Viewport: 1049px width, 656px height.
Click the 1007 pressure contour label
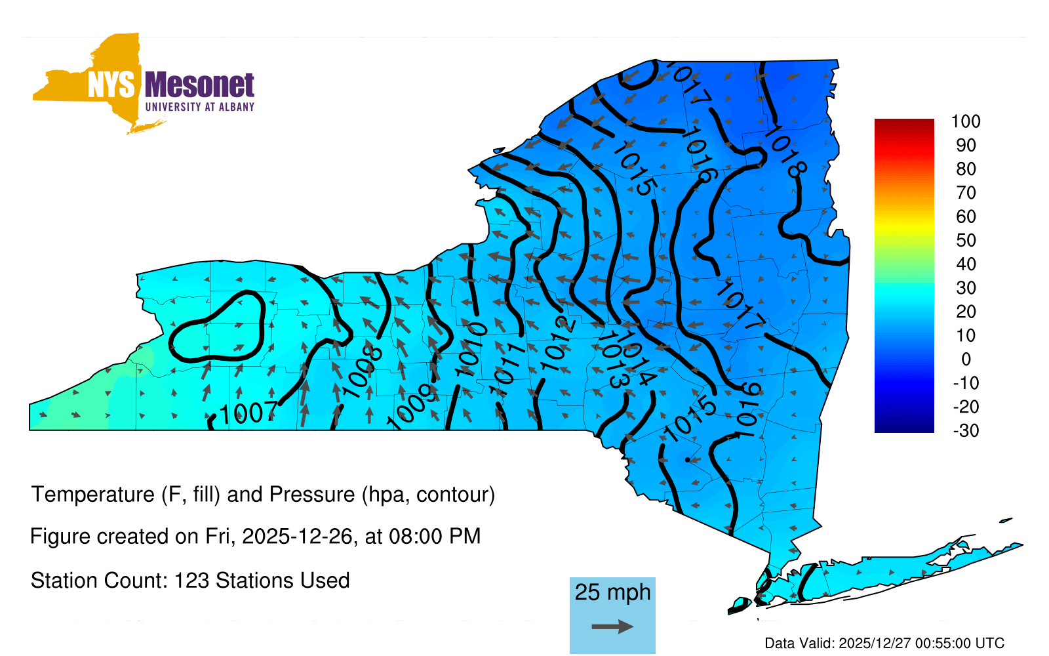tap(248, 413)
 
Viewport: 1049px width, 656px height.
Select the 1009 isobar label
tap(412, 406)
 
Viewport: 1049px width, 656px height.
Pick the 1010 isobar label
tap(471, 349)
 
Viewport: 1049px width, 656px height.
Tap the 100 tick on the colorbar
tap(965, 121)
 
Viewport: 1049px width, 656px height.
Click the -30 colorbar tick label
tap(966, 430)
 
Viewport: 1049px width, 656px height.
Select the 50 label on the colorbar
tap(966, 240)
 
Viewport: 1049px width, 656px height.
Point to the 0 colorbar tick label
tap(966, 359)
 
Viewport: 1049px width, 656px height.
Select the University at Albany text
tap(200, 107)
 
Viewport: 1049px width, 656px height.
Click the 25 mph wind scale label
tap(612, 592)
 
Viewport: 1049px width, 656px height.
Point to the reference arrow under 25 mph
tap(612, 626)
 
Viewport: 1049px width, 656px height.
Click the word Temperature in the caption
tap(92, 495)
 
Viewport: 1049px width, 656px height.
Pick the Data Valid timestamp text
tap(884, 643)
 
